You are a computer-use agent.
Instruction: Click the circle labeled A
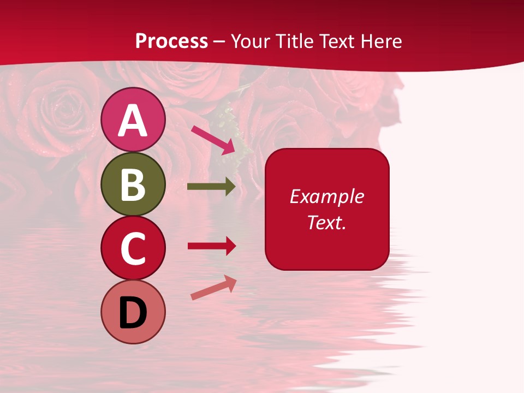coord(133,120)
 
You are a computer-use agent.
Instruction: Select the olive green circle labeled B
coord(133,184)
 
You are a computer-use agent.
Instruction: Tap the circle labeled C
coord(133,248)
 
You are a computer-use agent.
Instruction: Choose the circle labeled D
coord(133,312)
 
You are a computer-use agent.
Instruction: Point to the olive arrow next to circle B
coord(211,187)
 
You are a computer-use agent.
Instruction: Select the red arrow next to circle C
coord(212,246)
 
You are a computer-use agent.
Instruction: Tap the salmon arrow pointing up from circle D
coord(213,287)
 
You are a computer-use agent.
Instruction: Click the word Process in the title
coord(171,41)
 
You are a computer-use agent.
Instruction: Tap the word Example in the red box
coord(327,196)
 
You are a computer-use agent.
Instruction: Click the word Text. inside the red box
coord(327,222)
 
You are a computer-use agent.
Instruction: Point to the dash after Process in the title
coord(219,41)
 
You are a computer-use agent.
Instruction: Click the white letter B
coord(133,184)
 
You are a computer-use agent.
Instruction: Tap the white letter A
coord(133,121)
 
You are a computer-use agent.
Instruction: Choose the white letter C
coord(133,249)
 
